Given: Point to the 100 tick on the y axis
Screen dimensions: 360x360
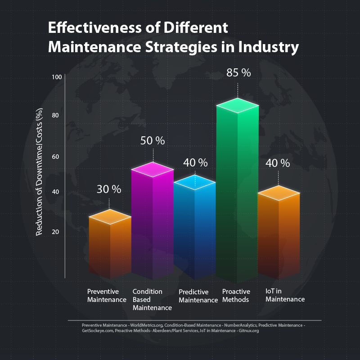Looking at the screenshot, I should [x=56, y=77].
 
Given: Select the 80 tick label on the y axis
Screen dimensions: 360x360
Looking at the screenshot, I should [x=56, y=116].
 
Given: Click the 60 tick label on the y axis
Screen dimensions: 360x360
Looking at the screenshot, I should [x=56, y=157].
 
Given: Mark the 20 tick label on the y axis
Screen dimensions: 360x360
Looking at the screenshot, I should [x=56, y=232].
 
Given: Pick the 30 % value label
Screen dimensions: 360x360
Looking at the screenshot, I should [x=109, y=189].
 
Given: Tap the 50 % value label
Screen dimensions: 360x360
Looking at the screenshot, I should [x=153, y=140].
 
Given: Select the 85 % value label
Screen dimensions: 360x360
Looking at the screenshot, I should [x=238, y=73].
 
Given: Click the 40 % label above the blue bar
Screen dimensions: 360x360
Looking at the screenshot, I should [x=195, y=162].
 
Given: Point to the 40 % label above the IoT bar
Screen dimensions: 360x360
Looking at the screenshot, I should [x=278, y=162].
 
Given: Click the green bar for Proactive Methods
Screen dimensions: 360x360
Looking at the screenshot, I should [x=237, y=193].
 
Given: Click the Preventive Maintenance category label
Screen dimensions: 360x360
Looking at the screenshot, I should [x=107, y=296].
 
